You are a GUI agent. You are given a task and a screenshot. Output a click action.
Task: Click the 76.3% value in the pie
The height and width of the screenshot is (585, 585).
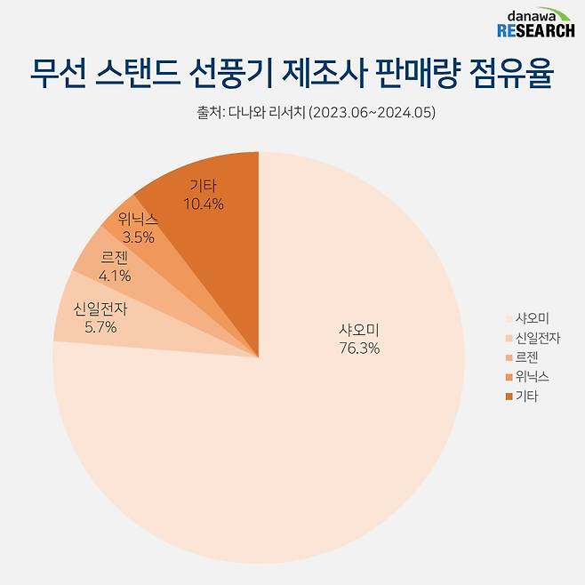pos(359,349)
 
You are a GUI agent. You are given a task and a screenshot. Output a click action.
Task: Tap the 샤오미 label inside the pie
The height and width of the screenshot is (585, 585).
pos(359,330)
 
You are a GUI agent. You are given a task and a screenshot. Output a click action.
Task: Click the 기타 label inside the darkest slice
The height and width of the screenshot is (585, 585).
pos(204,186)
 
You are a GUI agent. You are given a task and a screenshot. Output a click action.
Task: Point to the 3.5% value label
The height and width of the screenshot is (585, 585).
pos(140,237)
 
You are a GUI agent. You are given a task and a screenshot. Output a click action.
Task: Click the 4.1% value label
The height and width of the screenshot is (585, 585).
pos(114,276)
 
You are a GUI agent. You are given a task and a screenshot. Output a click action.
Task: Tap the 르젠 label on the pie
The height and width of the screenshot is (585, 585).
pos(114,259)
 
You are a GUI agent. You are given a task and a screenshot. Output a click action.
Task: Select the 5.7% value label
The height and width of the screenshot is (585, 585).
pos(100,327)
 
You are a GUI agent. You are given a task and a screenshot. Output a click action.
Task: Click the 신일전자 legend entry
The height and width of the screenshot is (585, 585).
pos(536,338)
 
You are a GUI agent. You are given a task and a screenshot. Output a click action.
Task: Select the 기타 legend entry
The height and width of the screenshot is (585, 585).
pos(525,397)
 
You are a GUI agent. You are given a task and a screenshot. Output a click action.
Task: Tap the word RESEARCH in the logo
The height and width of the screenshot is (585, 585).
pos(535,31)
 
